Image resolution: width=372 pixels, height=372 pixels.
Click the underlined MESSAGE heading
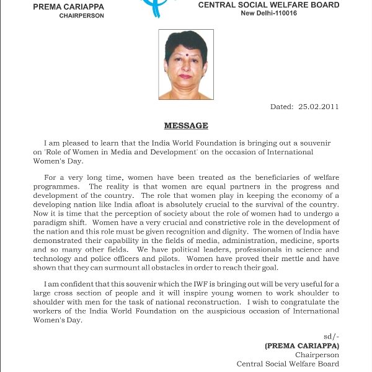point(186,126)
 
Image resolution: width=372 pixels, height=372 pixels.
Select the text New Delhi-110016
point(269,13)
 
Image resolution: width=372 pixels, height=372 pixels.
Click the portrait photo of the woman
point(186,64)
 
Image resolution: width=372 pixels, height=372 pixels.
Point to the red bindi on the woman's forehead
point(186,45)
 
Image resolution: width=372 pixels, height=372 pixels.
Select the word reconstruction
point(226,302)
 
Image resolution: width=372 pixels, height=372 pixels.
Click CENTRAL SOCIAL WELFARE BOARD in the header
point(268,5)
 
